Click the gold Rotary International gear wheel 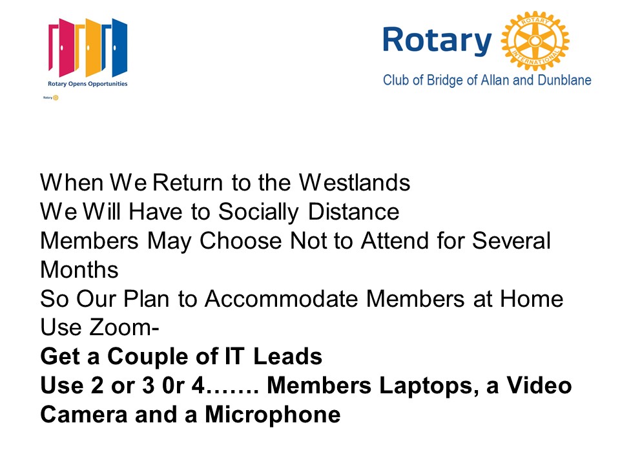point(535,41)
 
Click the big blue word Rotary point(437,41)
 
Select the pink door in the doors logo point(62,47)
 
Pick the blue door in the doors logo point(115,47)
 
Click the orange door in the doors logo point(88,47)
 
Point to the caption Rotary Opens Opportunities point(87,84)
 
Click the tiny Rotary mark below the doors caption point(51,98)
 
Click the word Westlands point(355,183)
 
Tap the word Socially point(258,212)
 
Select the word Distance point(353,212)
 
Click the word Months point(79,270)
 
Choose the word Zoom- point(125,327)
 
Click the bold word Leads point(287,356)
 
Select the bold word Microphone point(273,415)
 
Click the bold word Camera point(83,415)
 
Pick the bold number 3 point(149,386)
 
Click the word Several point(512,241)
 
